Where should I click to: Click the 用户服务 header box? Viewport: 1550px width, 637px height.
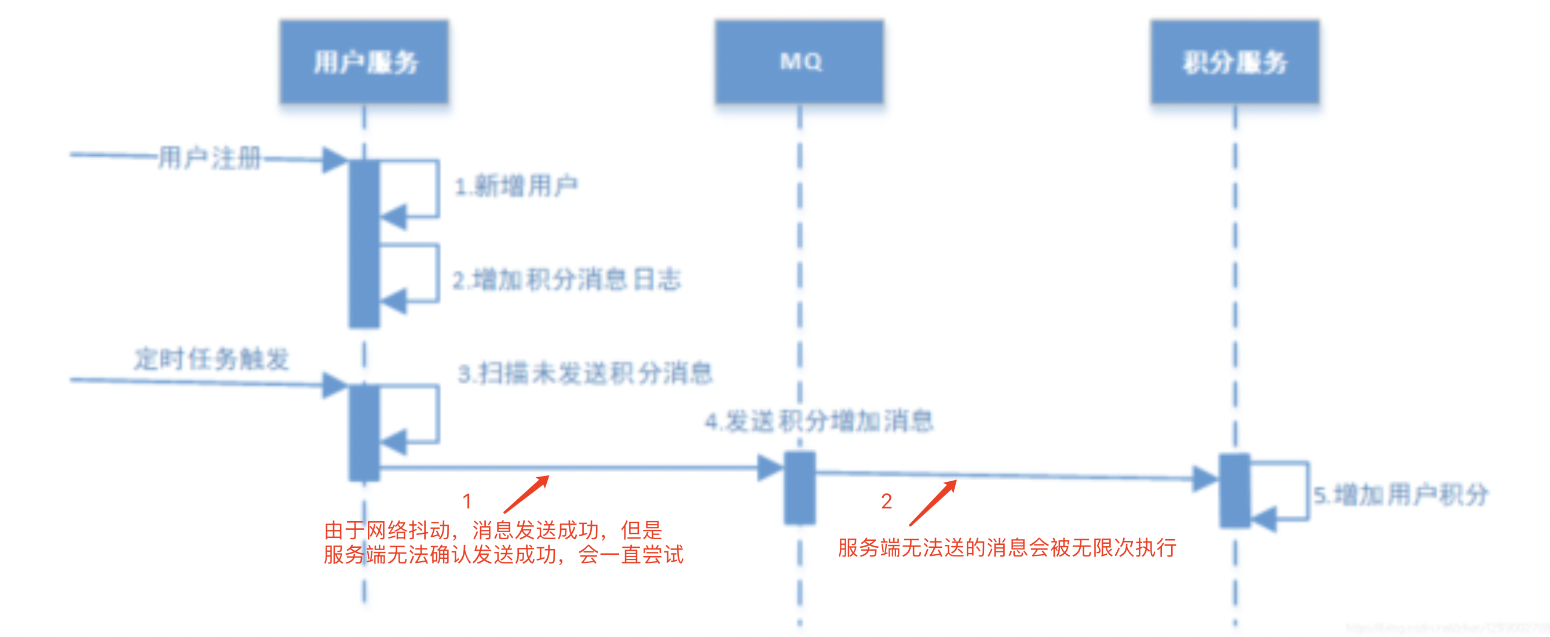click(x=364, y=62)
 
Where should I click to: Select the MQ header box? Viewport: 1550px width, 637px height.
click(x=800, y=62)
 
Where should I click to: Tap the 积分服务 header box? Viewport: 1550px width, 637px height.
click(x=1235, y=62)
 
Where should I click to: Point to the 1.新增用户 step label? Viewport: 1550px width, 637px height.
click(x=516, y=185)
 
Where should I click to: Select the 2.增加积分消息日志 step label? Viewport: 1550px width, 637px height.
click(x=567, y=280)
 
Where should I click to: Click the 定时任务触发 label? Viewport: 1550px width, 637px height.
click(x=211, y=359)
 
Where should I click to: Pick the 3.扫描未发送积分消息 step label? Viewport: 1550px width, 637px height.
click(x=586, y=373)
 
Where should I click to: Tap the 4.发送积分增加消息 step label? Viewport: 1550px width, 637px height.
click(x=819, y=420)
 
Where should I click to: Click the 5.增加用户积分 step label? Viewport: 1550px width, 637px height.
click(x=1401, y=495)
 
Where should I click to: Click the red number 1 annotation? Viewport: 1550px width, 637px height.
click(x=467, y=501)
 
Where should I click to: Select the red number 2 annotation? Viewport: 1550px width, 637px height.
click(x=886, y=501)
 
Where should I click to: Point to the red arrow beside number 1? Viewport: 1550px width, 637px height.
click(x=527, y=494)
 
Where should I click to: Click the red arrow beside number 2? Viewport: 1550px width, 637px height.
click(x=933, y=502)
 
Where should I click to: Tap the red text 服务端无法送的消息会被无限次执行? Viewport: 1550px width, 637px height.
click(x=1007, y=547)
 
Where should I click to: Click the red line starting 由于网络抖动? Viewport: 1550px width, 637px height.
click(x=493, y=530)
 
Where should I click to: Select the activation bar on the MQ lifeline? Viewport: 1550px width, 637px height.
click(x=800, y=488)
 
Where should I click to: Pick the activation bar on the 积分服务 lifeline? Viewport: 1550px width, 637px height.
click(x=1235, y=490)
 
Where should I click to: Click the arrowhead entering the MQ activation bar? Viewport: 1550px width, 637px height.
click(x=770, y=467)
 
